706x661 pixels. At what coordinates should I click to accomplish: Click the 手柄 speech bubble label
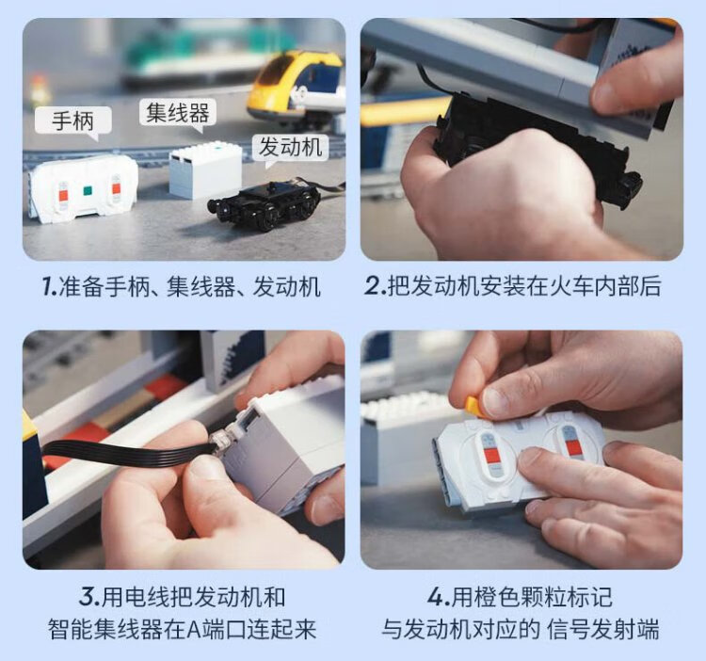72,121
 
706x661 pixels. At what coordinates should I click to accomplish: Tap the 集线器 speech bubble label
177,113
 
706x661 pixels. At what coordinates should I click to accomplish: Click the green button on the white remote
88,190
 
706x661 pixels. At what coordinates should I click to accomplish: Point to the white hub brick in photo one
205,170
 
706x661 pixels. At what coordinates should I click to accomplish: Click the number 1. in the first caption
50,286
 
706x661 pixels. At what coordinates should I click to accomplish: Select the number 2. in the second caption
376,286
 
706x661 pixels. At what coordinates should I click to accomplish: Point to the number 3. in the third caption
89,598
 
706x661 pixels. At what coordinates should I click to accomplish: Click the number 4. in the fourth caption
439,598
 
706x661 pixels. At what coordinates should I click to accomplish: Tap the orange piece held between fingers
473,405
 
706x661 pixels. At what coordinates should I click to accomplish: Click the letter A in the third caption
195,630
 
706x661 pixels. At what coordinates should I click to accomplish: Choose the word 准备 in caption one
82,286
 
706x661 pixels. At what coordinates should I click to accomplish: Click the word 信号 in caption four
569,630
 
